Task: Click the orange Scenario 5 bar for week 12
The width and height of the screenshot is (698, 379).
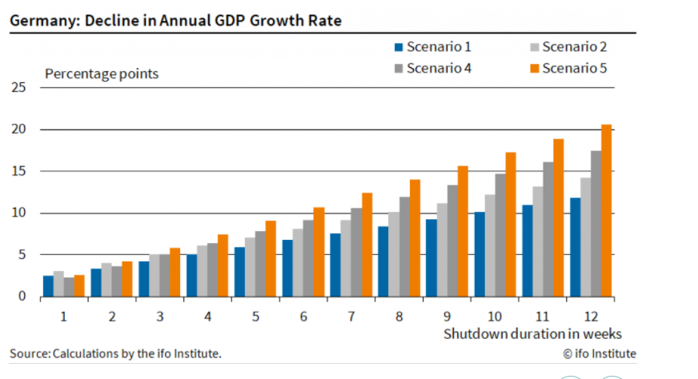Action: pos(606,211)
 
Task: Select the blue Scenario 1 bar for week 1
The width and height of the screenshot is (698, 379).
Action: pos(49,286)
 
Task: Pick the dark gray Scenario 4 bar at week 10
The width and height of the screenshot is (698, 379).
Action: pos(499,236)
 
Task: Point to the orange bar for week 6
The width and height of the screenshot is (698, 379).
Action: pos(318,252)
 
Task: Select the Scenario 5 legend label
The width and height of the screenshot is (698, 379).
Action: pos(574,68)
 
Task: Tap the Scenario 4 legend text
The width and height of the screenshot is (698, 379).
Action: pos(439,68)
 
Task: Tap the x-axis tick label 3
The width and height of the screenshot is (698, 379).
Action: pos(160,316)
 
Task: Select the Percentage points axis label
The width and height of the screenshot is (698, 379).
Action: pos(102,74)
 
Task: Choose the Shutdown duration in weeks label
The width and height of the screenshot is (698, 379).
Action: pos(533,333)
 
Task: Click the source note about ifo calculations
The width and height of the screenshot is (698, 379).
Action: pos(115,353)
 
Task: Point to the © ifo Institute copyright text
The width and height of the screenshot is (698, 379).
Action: pos(599,353)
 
